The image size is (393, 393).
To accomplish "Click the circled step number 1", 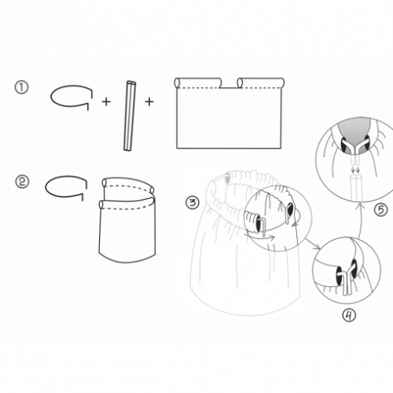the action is [x=21, y=88].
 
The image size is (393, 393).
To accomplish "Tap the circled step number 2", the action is [x=22, y=182].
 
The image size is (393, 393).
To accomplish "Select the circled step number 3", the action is [x=193, y=203].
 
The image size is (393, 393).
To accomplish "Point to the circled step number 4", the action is [x=349, y=315].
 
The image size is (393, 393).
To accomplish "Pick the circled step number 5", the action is [x=380, y=210].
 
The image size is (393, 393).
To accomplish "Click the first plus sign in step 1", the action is [x=106, y=101].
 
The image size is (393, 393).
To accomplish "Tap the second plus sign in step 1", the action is [x=149, y=101].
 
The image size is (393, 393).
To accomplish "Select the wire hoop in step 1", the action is [x=52, y=98].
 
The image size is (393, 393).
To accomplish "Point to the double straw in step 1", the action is [x=130, y=116].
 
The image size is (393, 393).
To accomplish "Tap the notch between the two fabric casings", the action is [x=230, y=87].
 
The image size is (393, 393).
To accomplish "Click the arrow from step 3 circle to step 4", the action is [x=312, y=244].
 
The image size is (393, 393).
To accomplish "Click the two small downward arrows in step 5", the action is [x=355, y=171].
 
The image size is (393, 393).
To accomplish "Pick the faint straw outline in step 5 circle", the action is [x=356, y=188].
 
